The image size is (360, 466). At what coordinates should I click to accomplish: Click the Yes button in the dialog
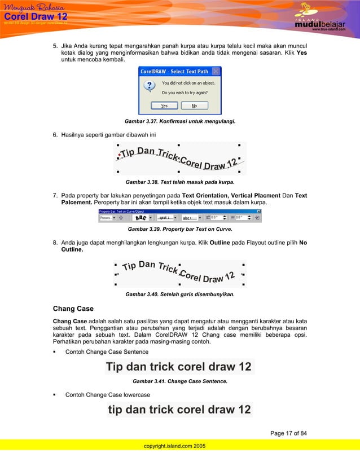164,105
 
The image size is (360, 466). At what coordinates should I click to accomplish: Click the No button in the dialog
194,105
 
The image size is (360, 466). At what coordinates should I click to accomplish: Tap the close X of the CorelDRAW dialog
216,72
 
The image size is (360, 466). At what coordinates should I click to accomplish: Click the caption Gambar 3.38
179,182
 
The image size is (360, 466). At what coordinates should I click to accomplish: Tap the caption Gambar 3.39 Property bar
179,230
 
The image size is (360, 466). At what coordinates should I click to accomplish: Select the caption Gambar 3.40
179,294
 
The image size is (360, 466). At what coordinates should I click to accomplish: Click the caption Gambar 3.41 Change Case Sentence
179,381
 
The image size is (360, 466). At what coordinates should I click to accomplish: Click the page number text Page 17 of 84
288,433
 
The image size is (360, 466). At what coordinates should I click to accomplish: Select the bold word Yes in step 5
302,59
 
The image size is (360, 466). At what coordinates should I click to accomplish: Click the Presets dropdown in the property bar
107,217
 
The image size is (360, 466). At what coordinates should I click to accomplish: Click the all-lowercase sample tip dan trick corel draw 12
179,409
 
